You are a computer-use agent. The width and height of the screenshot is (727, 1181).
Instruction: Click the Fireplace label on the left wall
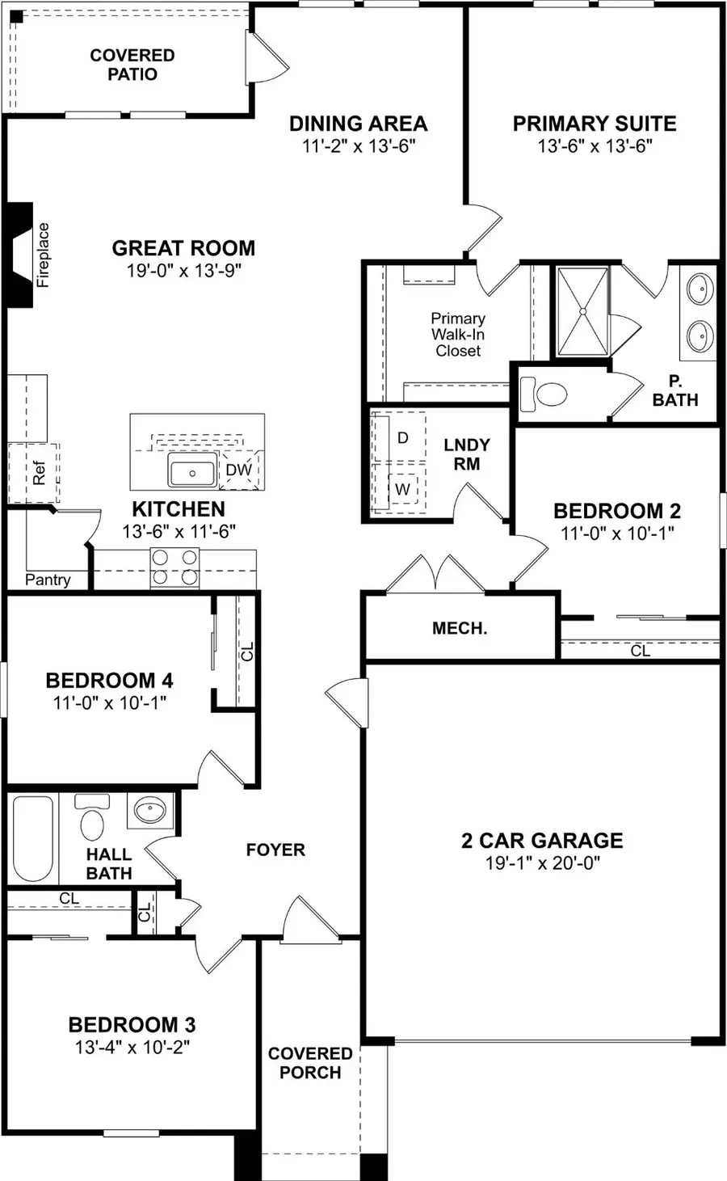[43, 255]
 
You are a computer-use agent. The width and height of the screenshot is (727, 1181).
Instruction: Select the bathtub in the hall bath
[33, 840]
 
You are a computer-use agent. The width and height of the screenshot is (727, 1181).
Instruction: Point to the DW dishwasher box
[238, 470]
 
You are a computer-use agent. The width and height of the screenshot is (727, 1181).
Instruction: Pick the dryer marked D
[403, 437]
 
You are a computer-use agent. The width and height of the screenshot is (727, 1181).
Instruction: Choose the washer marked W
[402, 488]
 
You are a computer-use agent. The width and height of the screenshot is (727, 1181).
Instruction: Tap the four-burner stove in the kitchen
[174, 567]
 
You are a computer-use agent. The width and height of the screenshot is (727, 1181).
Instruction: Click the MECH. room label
[460, 628]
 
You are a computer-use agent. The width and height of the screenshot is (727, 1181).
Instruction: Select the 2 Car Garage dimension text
[542, 863]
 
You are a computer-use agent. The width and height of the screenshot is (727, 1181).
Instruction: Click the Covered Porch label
[310, 1063]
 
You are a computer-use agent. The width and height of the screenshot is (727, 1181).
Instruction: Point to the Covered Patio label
[132, 65]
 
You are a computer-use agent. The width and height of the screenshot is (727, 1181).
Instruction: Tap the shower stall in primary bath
[582, 311]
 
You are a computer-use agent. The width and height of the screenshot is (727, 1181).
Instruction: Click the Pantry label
[48, 580]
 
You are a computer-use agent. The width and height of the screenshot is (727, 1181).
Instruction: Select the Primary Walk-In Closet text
[457, 335]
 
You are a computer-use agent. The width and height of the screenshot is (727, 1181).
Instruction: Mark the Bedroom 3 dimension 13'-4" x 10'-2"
[132, 1048]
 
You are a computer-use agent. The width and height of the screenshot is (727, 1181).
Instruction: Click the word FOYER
[275, 850]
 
